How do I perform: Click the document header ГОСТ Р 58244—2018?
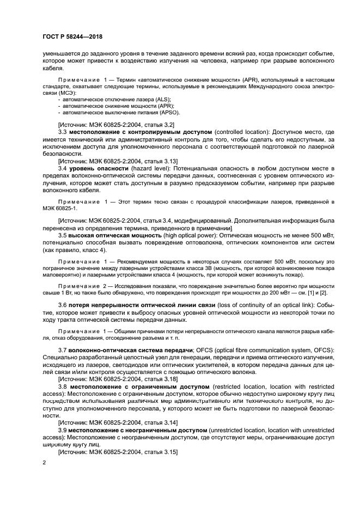72,36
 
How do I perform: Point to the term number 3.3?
62,132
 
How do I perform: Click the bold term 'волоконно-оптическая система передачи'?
129,348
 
